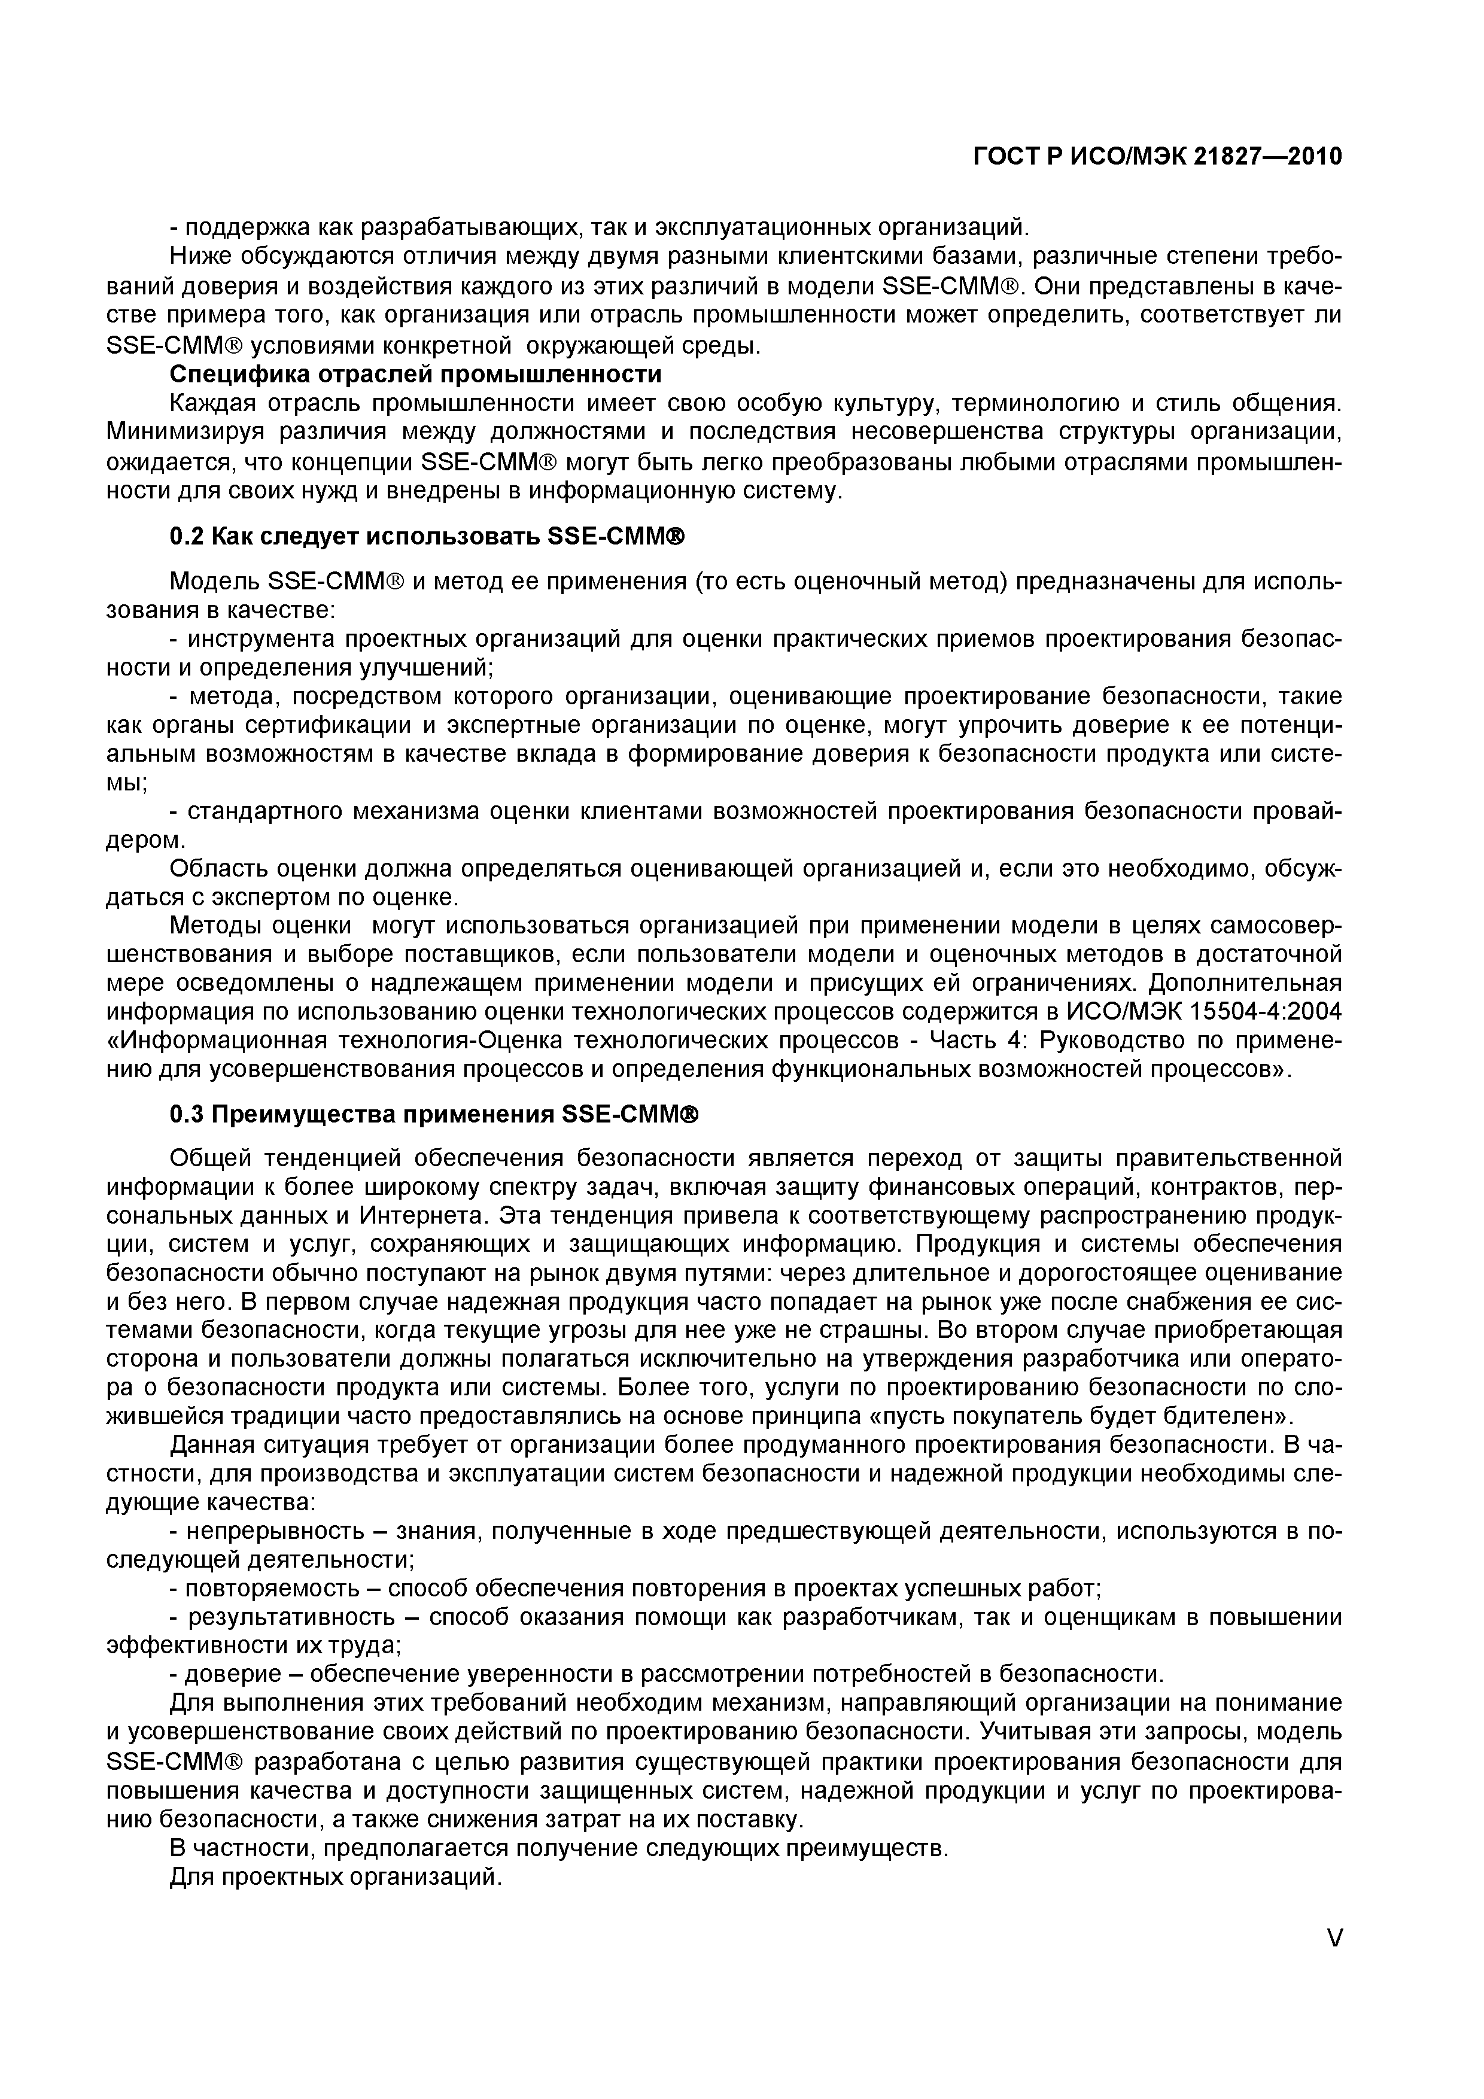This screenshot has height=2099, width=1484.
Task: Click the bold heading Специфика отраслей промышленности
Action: point(416,374)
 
